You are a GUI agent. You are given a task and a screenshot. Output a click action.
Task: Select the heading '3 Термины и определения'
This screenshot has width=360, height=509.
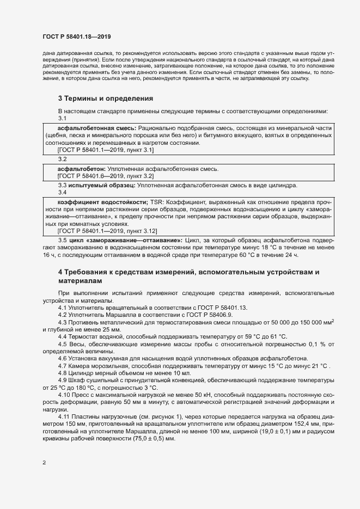[x=105, y=99]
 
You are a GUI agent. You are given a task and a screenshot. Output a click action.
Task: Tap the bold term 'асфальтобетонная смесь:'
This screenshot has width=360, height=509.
[x=90, y=127]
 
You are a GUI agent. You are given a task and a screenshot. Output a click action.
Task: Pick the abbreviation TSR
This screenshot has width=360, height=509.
[x=156, y=201]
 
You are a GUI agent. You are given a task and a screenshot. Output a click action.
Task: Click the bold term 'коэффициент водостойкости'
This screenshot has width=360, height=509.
[x=103, y=201]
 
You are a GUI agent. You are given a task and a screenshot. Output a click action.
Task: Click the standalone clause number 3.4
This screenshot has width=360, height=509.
[x=62, y=192]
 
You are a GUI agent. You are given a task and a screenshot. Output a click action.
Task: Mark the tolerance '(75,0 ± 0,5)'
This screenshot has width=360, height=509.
[x=157, y=441]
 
